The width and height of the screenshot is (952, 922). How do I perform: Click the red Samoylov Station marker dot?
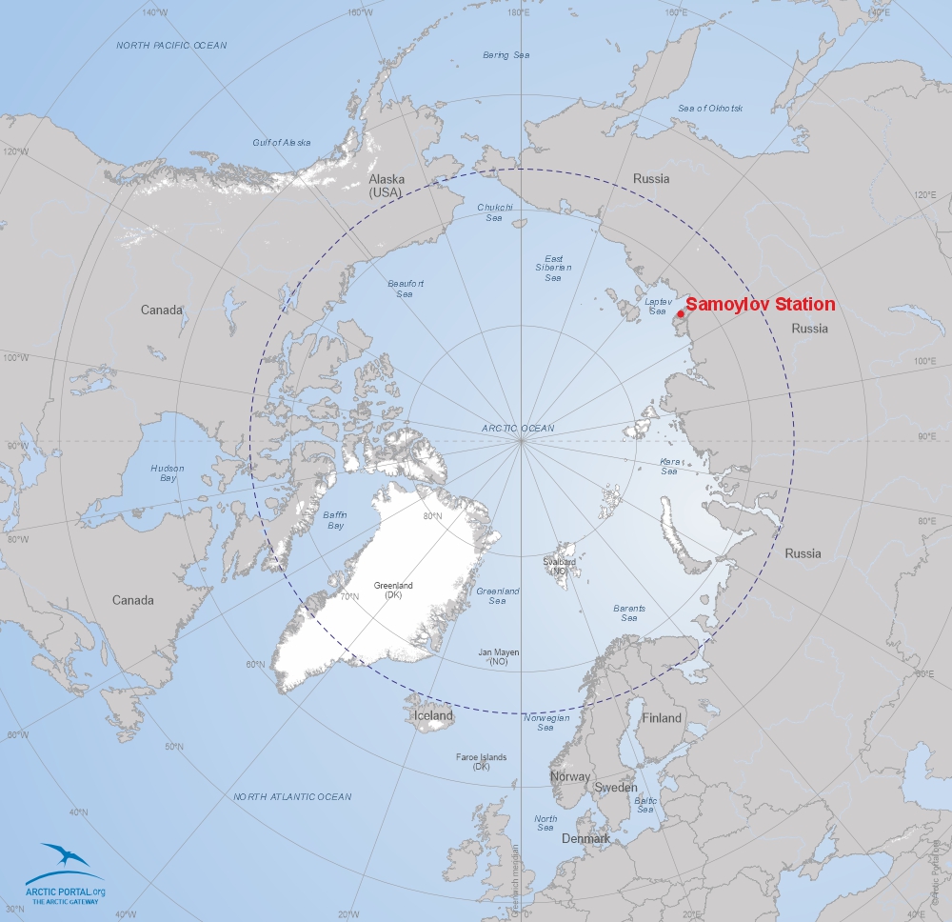[x=680, y=313]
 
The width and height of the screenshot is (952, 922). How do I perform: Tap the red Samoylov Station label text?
[x=760, y=305]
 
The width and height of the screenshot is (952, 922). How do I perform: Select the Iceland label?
[x=433, y=715]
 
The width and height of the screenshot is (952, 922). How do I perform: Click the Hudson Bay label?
[x=168, y=472]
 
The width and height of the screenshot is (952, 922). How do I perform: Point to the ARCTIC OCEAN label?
[x=518, y=429]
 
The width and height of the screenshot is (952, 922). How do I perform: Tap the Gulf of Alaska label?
[x=282, y=143]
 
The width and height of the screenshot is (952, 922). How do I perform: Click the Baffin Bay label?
[x=335, y=520]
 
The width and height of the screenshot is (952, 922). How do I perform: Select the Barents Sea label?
[x=629, y=612]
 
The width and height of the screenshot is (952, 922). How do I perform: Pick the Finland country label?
[x=662, y=718]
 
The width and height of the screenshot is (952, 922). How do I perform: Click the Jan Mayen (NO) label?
[x=499, y=656]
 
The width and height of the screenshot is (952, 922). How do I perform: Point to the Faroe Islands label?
[x=481, y=761]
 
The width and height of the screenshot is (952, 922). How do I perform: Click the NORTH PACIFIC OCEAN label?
[x=171, y=46]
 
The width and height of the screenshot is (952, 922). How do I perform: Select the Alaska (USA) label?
[x=387, y=185]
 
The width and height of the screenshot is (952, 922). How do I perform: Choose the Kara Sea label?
[x=669, y=466]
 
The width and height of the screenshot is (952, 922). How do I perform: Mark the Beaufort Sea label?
[x=406, y=288]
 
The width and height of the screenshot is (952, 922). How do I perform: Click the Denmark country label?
[x=585, y=839]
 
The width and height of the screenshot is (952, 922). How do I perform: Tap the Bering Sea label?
[x=506, y=55]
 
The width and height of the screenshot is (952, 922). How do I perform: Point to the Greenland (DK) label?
[x=393, y=590]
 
